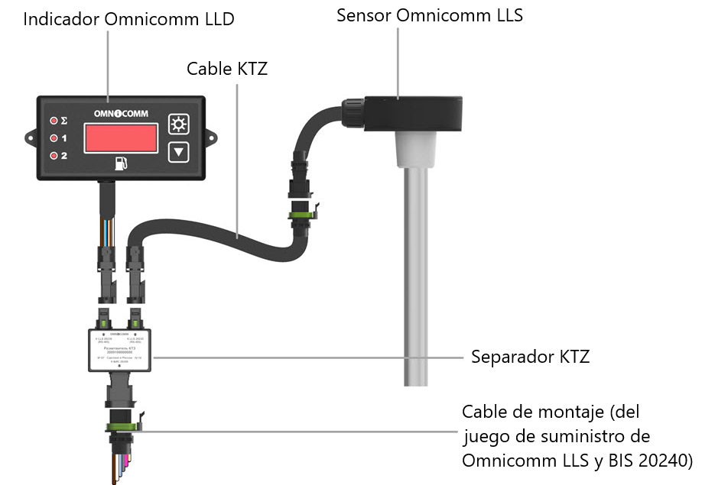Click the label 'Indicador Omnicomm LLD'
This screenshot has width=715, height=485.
click(128, 19)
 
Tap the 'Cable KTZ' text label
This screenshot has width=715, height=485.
click(227, 69)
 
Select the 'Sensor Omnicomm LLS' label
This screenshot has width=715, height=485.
click(430, 15)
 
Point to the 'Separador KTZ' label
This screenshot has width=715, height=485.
click(530, 357)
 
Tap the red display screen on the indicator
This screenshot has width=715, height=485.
click(121, 138)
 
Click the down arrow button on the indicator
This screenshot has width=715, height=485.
click(179, 151)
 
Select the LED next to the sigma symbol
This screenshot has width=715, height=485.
click(54, 121)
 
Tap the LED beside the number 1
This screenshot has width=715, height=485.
click(54, 138)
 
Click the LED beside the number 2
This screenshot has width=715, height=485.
click(54, 156)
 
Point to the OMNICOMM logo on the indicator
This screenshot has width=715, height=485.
click(121, 114)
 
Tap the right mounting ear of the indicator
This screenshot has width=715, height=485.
click(210, 138)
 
